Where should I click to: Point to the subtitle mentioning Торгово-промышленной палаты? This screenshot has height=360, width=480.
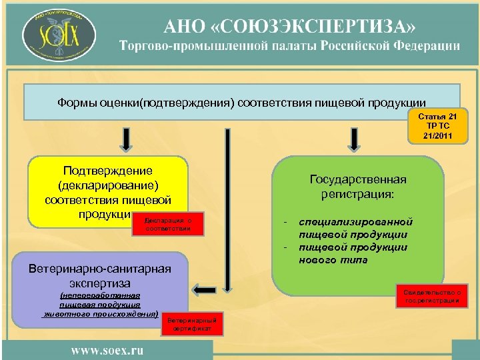tap(290, 46)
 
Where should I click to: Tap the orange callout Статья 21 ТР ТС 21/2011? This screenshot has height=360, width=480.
tap(437, 126)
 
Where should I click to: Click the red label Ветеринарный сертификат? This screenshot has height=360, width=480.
tap(191, 324)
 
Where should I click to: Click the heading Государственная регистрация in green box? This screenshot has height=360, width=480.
tap(358, 187)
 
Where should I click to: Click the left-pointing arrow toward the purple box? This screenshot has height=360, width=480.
tap(206, 287)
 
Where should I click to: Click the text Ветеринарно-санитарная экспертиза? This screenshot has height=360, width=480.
tap(101, 276)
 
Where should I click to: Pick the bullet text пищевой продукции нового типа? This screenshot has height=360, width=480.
tap(353, 253)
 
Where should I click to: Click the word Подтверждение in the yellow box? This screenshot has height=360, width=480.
tap(107, 171)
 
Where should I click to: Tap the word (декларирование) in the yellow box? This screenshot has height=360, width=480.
tap(107, 185)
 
